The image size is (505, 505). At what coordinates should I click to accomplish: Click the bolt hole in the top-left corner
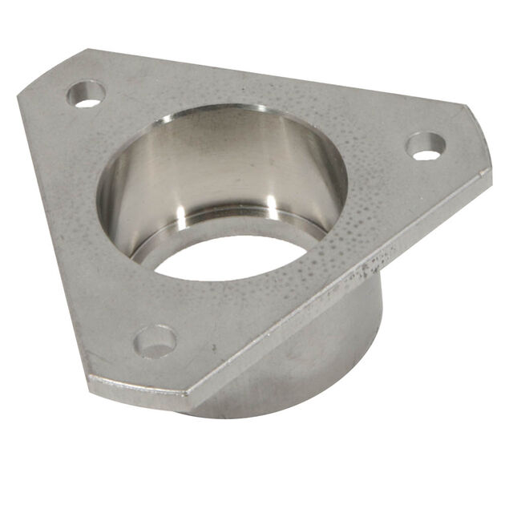(86, 94)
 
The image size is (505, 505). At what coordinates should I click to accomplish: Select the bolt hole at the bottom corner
(156, 341)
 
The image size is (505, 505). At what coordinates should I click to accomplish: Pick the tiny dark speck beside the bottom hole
(212, 347)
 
